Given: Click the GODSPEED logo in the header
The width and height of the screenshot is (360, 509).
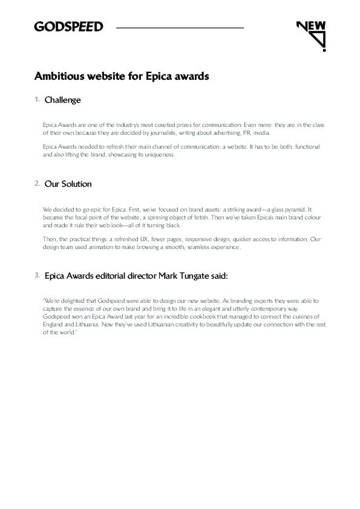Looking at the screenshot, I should click(x=68, y=27).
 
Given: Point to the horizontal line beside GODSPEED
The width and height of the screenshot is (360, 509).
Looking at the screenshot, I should click(x=180, y=28).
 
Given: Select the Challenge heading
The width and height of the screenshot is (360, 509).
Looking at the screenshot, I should click(x=63, y=100).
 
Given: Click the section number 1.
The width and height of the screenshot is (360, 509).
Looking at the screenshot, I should click(x=37, y=99).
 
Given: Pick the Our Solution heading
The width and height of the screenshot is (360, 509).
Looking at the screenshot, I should click(x=68, y=184).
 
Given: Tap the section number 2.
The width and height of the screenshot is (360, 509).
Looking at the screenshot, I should click(x=37, y=183).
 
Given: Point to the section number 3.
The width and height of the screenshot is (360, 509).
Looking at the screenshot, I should click(x=37, y=275).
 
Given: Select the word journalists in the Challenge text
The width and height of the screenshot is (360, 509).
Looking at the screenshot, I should click(x=169, y=132).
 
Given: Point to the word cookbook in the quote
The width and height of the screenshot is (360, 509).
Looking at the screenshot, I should click(x=200, y=317).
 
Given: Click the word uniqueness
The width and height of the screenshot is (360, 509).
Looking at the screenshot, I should click(x=159, y=155).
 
